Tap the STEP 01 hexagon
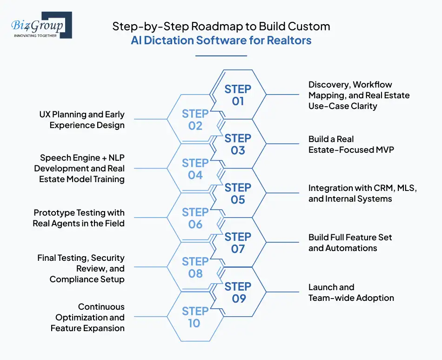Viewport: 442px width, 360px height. click(x=238, y=95)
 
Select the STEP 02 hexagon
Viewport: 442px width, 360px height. click(x=195, y=120)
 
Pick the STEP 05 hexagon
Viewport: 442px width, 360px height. click(x=238, y=193)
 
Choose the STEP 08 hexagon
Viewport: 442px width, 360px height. click(x=195, y=267)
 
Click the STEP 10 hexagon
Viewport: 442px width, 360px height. click(x=195, y=317)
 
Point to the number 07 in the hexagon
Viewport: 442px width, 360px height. click(x=238, y=249)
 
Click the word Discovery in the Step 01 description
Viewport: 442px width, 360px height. click(x=328, y=85)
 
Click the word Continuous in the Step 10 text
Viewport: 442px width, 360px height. click(x=101, y=307)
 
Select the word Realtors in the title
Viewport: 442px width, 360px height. click(x=289, y=40)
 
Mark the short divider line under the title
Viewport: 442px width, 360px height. click(x=221, y=56)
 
